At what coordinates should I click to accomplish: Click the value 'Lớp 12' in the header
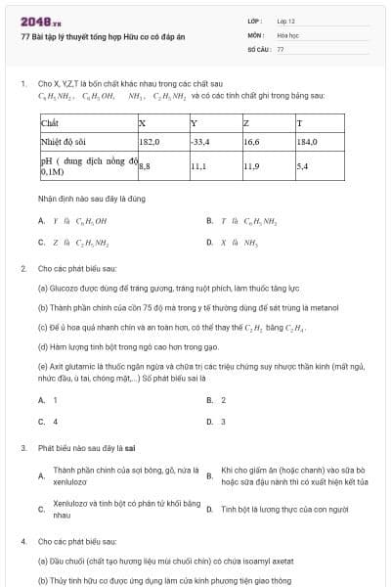tap(285, 21)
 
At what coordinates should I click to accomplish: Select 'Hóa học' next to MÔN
tap(286, 34)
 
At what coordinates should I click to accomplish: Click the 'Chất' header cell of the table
tap(50, 123)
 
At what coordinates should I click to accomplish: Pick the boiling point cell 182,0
tap(150, 142)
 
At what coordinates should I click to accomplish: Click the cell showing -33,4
tap(201, 142)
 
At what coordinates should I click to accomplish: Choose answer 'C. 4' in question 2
tap(49, 422)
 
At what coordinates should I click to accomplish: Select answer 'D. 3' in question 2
tap(217, 422)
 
